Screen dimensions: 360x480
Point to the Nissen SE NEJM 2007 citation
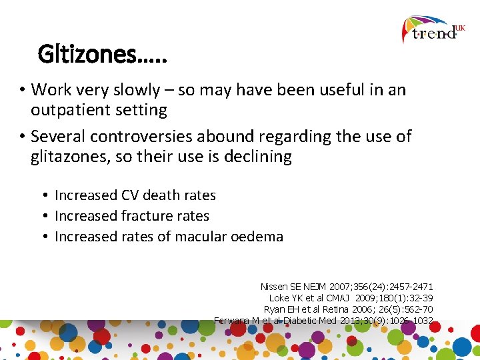pyautogui.click(x=347, y=287)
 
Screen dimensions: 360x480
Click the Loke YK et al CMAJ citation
pyautogui.click(x=351, y=298)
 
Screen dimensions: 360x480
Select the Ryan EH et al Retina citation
pyautogui.click(x=348, y=309)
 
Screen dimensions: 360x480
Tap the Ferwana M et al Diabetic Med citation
pyautogui.click(x=324, y=321)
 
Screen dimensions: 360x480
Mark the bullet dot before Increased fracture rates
pyautogui.click(x=45, y=217)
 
